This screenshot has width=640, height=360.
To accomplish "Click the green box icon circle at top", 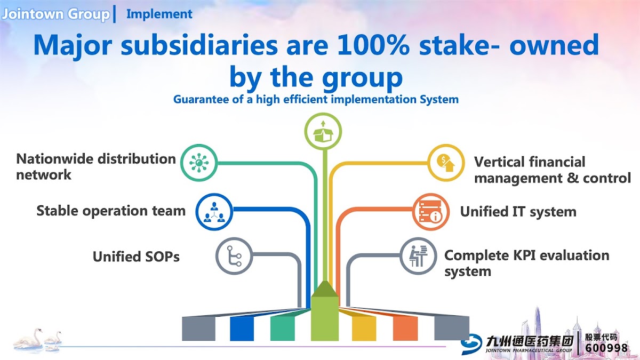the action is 323,131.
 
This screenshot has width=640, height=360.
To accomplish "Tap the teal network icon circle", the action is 199,163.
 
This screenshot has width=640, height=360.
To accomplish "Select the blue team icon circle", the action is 214,212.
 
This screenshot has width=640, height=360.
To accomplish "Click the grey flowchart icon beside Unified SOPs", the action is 234,256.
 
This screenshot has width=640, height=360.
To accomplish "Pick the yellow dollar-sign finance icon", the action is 446,163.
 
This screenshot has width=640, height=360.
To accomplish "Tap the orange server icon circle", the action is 430,212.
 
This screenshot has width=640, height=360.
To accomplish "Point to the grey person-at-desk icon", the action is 418,256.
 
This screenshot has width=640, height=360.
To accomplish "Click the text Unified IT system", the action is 518,212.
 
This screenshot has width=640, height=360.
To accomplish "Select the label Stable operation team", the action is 111,211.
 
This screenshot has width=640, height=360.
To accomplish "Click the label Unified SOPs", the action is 136,257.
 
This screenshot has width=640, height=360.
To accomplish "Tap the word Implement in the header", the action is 159,14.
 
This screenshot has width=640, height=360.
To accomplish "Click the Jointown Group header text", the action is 55,14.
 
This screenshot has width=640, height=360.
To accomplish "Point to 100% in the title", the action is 373,45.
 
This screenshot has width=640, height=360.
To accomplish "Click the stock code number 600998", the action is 606,348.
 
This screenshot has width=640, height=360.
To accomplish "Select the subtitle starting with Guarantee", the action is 316,99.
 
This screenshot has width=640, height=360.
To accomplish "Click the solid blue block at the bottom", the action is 242,329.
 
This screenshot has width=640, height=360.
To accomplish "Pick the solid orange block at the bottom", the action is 405,329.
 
